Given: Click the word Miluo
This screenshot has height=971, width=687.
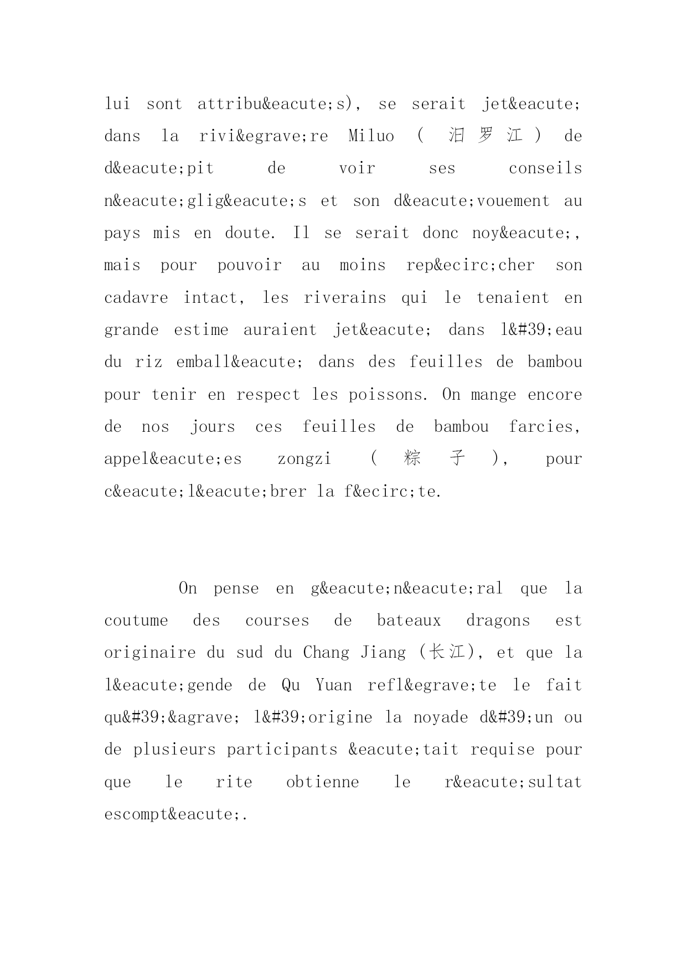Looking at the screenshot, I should pyautogui.click(x=371, y=136).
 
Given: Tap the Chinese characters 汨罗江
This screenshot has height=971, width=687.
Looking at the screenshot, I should pyautogui.click(x=485, y=136).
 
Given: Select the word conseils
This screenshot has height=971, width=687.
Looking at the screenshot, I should pyautogui.click(x=545, y=168).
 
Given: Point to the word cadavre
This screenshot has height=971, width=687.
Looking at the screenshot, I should pyautogui.click(x=136, y=298).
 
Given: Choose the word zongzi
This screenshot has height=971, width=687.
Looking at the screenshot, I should pyautogui.click(x=304, y=459).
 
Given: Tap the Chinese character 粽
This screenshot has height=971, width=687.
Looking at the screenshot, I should pyautogui.click(x=412, y=459).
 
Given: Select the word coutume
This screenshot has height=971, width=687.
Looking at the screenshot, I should pyautogui.click(x=136, y=621).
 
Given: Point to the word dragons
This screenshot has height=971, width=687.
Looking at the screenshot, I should pyautogui.click(x=498, y=621).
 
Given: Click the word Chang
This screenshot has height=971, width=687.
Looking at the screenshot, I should pyautogui.click(x=326, y=653).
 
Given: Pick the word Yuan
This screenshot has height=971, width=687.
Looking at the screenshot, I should pyautogui.click(x=333, y=685).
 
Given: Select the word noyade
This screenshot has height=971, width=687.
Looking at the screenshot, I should pyautogui.click(x=441, y=717).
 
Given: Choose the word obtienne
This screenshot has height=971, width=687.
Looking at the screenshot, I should pyautogui.click(x=322, y=782).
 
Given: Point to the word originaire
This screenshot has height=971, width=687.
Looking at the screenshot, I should pyautogui.click(x=149, y=653).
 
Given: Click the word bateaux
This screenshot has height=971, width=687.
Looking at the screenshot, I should pyautogui.click(x=409, y=621).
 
